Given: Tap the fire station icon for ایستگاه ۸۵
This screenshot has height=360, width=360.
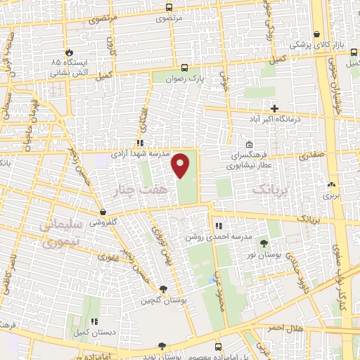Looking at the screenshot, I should click(69, 53).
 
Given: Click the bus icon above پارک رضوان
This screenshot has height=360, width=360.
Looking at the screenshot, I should click(184, 68).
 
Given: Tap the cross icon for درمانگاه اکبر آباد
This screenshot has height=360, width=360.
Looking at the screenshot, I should click(275, 108).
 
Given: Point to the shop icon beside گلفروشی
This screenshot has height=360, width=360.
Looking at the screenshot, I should click(103, 212).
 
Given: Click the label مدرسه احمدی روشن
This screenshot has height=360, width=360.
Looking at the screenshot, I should click(212, 238).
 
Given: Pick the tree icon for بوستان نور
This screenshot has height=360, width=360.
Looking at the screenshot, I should click(264, 244).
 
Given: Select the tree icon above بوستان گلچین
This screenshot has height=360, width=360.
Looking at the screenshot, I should click(163, 289).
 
